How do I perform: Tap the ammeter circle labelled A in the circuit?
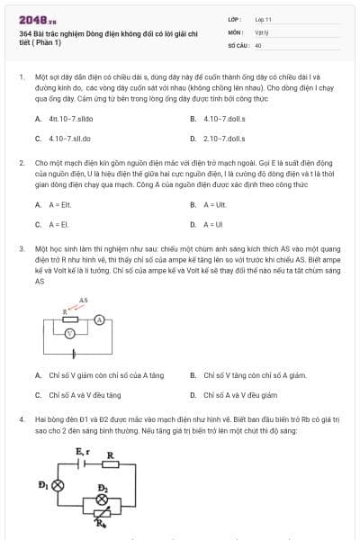tap(101, 319)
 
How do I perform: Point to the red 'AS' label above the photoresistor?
tap(84, 300)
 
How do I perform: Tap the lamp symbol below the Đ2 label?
tap(103, 499)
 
